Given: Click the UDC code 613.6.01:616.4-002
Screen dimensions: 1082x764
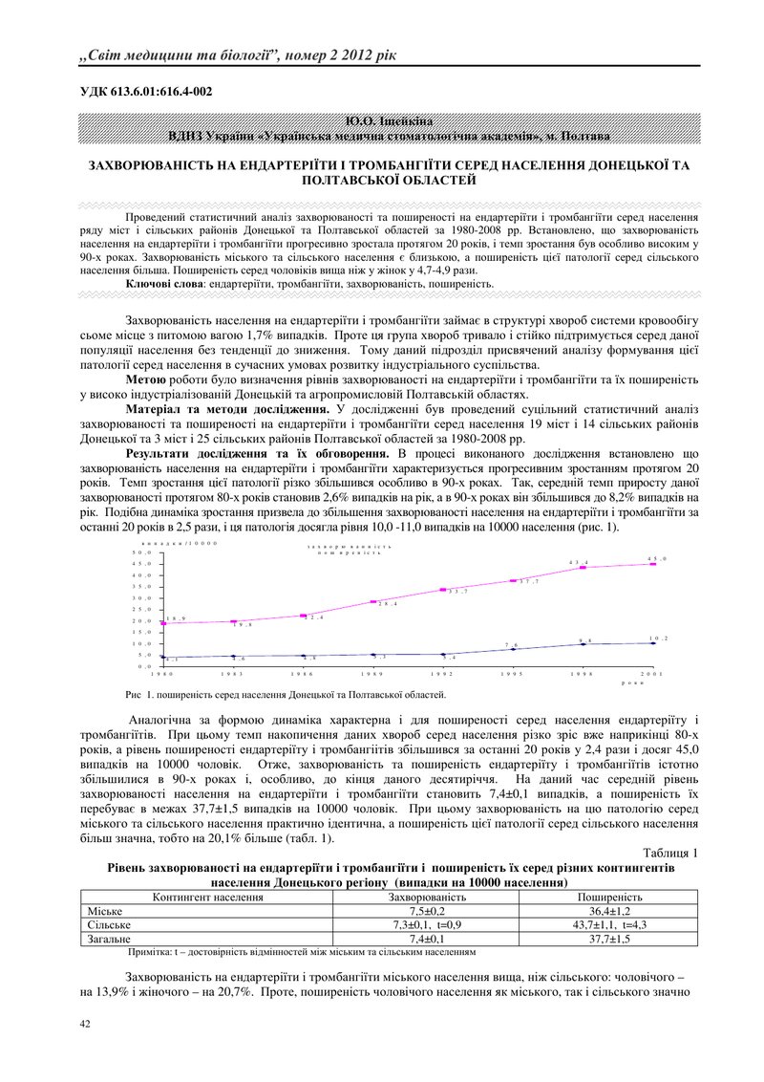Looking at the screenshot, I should click(145, 92).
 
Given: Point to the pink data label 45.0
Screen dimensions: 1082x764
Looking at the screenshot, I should click(657, 558).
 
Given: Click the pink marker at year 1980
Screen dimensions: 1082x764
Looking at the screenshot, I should click(164, 623).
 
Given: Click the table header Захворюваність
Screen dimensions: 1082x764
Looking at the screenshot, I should click(426, 898).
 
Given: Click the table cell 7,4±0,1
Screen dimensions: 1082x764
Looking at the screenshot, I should click(426, 939).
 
